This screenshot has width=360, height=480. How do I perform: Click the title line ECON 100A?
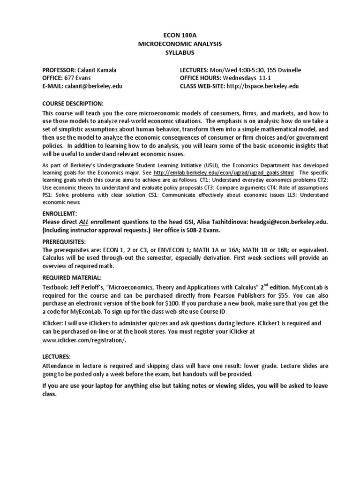pos(180,35)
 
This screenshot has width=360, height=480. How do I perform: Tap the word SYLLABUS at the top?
pos(180,52)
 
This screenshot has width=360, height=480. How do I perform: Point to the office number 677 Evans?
pos(81,78)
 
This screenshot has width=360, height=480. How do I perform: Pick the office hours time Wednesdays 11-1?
pos(246,78)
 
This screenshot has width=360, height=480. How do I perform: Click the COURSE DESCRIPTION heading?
pos(73,103)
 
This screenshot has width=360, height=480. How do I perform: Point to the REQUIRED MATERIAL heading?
pos(72,277)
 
